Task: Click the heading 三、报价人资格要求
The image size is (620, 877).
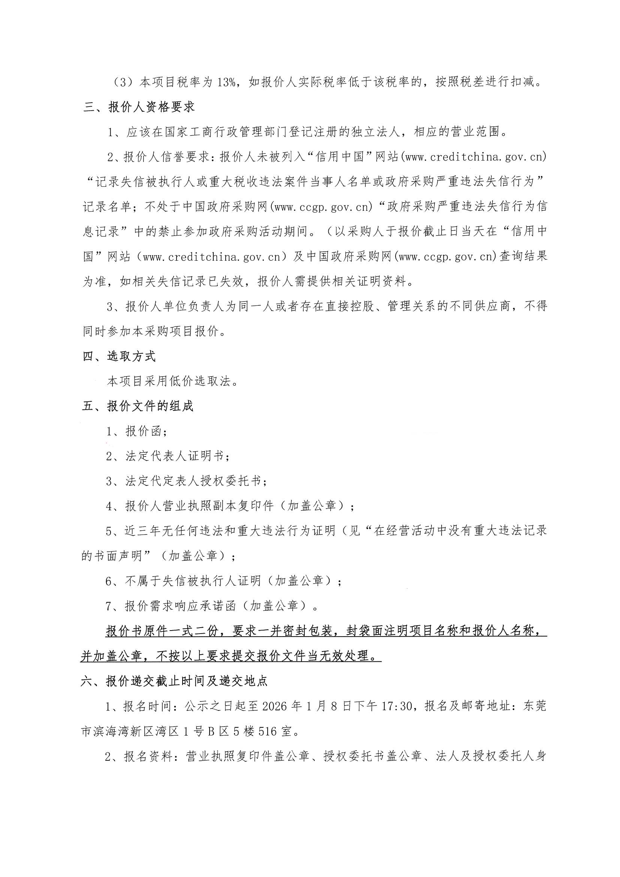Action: click(139, 107)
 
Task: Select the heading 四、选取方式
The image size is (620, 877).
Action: click(119, 356)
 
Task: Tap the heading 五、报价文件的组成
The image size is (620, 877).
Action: click(138, 406)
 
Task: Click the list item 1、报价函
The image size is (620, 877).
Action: click(136, 431)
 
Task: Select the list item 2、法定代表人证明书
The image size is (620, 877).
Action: click(168, 456)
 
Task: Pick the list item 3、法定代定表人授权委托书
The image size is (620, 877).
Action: click(186, 481)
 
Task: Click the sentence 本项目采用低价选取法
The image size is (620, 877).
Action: click(172, 381)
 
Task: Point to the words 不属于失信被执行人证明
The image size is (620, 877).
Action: click(193, 581)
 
